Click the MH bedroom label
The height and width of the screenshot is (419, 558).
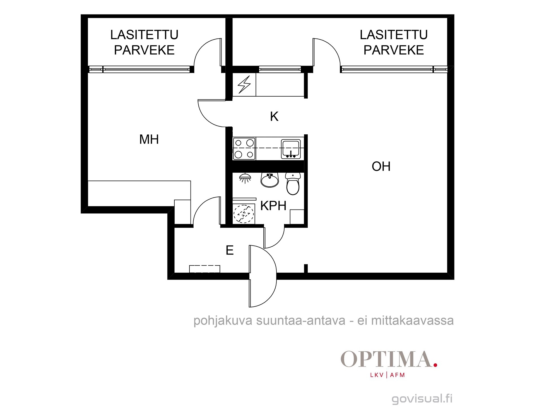coord(149,139)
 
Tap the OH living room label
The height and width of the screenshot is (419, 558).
coord(381,166)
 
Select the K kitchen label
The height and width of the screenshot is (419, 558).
coord(274,116)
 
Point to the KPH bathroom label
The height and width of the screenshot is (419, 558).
coord(273,206)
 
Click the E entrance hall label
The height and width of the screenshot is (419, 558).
coord(230,250)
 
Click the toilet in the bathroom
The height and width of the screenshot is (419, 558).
coord(293,184)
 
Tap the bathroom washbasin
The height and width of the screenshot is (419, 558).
coord(270,180)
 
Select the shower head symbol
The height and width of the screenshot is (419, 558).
coord(245,178)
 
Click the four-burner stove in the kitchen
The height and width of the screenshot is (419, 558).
coord(244,149)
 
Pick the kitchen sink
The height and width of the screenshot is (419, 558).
coord(291,149)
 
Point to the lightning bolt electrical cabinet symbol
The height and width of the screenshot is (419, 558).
coord(244,85)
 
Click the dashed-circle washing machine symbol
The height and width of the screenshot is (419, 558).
coord(244,214)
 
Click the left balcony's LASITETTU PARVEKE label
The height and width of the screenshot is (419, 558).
coord(144,42)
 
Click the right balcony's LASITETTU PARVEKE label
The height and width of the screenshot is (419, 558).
coord(394,42)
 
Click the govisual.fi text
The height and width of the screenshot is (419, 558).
coord(422,399)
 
